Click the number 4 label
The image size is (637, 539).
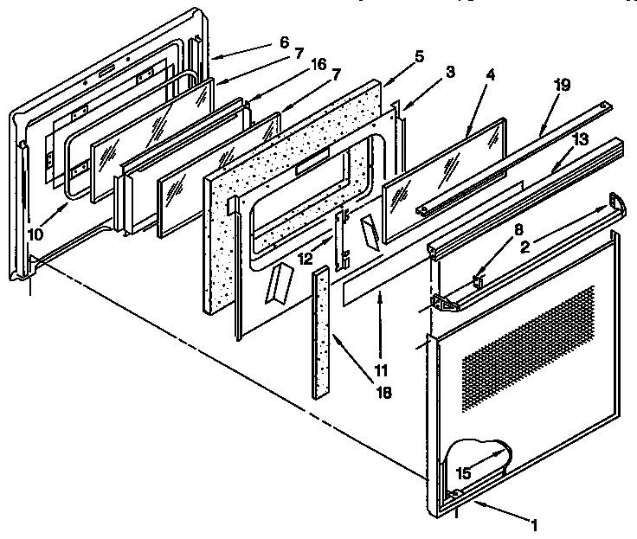491,76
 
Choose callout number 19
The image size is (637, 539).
563,85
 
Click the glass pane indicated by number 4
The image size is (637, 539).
441,176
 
